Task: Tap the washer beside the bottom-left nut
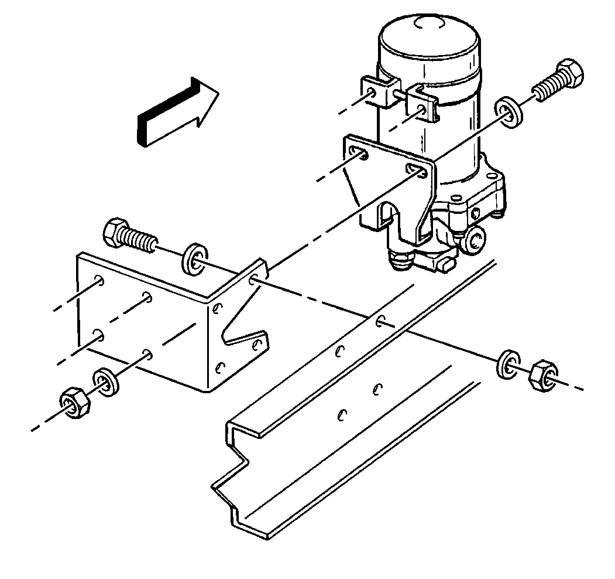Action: tap(106, 382)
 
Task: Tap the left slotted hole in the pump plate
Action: tap(359, 154)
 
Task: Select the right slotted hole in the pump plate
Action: tap(415, 170)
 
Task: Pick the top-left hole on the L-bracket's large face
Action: tap(101, 281)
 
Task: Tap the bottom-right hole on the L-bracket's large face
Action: tap(147, 353)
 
